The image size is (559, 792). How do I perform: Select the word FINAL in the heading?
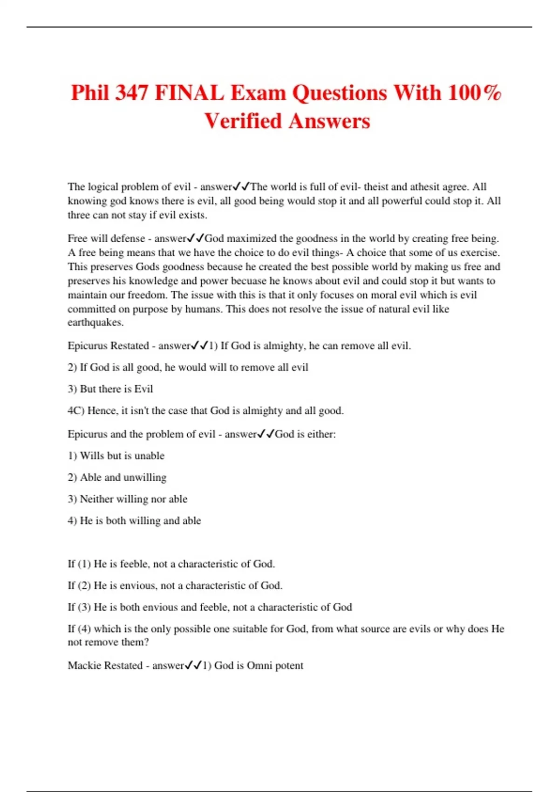coord(189,93)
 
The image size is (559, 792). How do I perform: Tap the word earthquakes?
coord(95,322)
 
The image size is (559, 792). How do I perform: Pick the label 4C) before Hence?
coord(75,411)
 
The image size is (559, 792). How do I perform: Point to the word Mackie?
coord(84,665)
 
